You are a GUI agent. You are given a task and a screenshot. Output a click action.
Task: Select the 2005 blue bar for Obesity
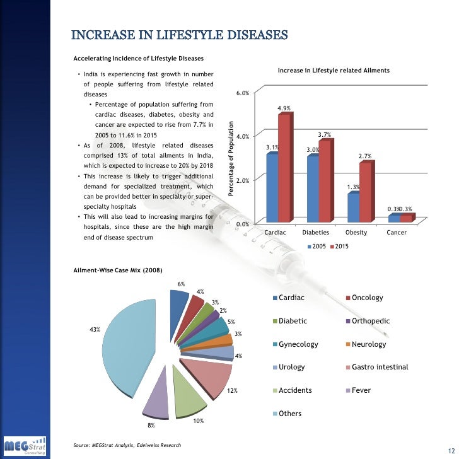(353, 207)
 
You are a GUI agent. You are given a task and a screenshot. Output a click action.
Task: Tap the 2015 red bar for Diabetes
(324, 182)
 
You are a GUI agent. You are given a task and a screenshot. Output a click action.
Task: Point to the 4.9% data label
(284, 108)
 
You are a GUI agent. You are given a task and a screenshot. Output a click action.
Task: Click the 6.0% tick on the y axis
(243, 93)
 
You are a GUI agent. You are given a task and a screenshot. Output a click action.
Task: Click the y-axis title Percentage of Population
(231, 158)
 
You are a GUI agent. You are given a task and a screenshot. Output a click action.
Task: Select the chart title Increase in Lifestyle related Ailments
(334, 69)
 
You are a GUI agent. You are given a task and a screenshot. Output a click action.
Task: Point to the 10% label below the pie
(198, 421)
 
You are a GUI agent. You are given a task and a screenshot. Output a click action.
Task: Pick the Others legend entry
(290, 414)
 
